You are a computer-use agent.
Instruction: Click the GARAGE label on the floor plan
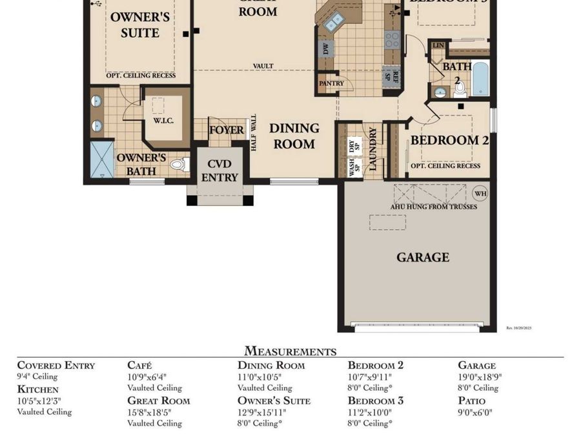tap(422, 257)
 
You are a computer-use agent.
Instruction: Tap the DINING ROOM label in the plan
tap(294, 136)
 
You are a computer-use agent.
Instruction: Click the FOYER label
tap(227, 130)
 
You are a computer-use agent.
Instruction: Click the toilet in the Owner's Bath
tap(178, 165)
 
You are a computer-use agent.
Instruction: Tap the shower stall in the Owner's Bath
tap(101, 159)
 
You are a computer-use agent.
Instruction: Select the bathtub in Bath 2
tap(481, 78)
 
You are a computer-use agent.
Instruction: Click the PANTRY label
tap(331, 84)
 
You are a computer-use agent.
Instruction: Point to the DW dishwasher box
tap(326, 48)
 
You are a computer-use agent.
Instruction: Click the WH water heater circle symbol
tap(480, 193)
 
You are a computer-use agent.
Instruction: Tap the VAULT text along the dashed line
tap(263, 66)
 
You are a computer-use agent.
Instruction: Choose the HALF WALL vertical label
tap(254, 133)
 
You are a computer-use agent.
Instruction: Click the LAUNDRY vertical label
tap(372, 149)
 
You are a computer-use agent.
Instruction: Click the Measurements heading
tap(290, 351)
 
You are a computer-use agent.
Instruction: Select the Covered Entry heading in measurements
tap(56, 365)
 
